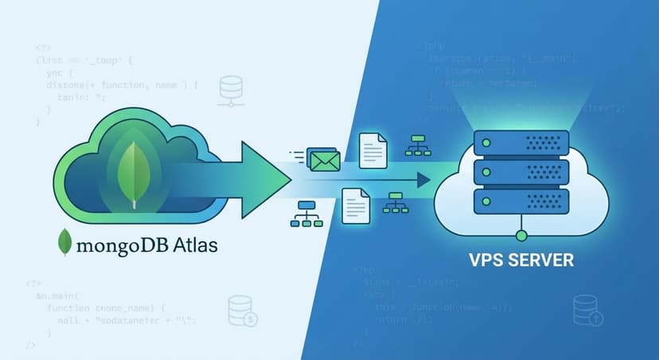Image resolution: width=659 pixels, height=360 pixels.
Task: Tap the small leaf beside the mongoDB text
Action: (x=66, y=243)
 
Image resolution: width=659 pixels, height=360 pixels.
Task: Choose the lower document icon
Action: (x=355, y=206)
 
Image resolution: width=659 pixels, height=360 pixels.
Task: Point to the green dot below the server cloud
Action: (x=521, y=235)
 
